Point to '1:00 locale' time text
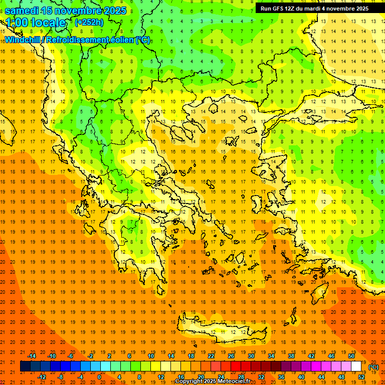36,23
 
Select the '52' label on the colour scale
361,377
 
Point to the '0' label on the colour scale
99,377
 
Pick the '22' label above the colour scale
211,356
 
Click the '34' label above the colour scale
271,356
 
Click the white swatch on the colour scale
356,366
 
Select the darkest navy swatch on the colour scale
25,366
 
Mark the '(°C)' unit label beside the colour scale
373,366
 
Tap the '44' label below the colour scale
321,377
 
